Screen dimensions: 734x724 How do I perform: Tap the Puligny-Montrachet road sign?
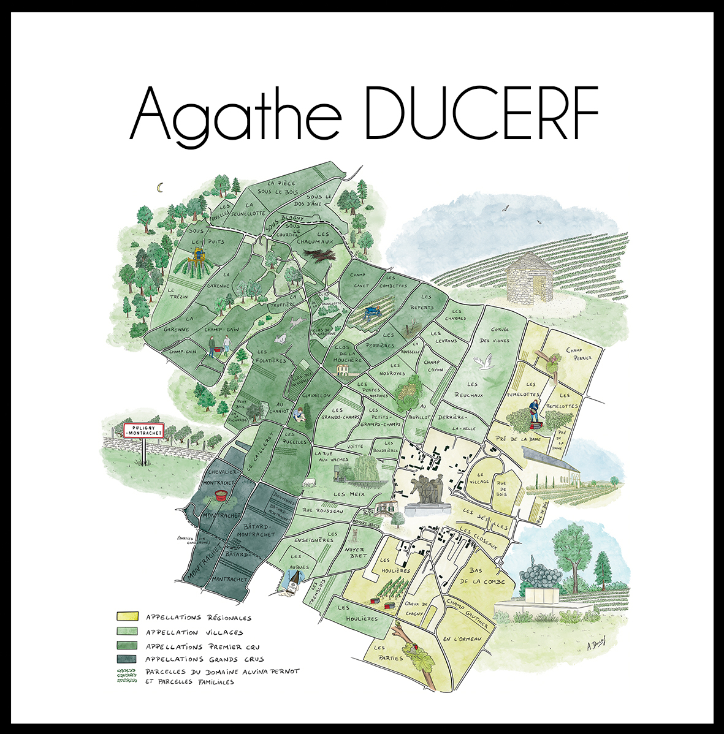(144, 430)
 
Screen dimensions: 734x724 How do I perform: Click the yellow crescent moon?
(161, 187)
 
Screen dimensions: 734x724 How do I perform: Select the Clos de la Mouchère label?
(348, 353)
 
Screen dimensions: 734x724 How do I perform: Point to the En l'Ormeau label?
(462, 640)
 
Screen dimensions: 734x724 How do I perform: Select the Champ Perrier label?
(579, 354)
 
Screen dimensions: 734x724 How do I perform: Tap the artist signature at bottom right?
(595, 643)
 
